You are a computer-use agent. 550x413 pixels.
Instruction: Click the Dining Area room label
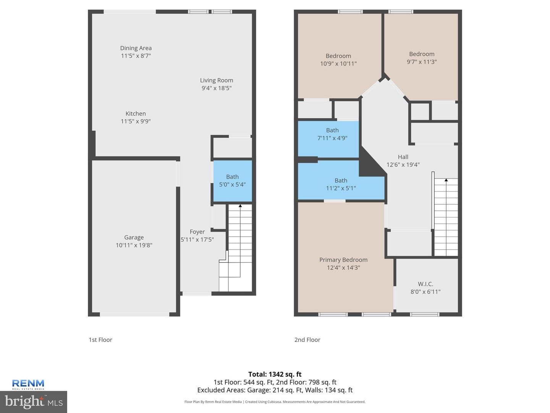pos(136,48)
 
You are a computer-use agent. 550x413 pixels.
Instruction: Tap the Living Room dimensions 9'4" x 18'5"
pos(217,88)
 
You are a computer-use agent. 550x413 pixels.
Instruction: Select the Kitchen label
pos(136,114)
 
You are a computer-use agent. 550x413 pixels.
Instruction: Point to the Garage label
pos(134,237)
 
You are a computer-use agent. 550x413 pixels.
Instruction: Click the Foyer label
pos(197,232)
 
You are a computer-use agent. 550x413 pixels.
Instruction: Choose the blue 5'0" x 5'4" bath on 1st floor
pos(232,181)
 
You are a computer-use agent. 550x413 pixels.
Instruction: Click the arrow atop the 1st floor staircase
pos(240,206)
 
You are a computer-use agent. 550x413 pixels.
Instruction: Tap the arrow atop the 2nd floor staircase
pos(446,180)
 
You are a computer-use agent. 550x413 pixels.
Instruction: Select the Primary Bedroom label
pos(343,260)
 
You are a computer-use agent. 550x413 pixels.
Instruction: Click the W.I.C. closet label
pos(425,284)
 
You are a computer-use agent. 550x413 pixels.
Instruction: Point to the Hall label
pos(403,157)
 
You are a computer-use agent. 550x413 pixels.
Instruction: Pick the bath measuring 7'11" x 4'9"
pos(328,140)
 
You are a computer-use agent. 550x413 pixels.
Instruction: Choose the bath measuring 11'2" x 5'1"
pos(341,184)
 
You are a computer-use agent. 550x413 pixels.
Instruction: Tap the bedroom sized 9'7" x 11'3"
pos(422,58)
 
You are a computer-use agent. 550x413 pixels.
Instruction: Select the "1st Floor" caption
pos(100,340)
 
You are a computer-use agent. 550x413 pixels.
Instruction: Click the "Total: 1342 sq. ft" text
pos(275,374)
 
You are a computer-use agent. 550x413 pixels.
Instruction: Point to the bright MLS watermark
pos(34,402)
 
